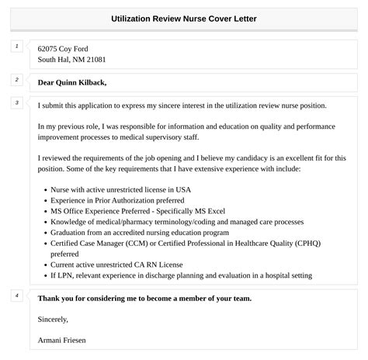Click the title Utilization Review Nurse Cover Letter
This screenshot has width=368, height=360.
pos(184,18)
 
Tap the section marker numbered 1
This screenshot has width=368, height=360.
pos(16,47)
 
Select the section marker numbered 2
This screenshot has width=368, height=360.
pos(16,80)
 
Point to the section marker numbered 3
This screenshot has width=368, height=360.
pos(16,103)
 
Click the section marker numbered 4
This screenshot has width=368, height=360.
pos(16,296)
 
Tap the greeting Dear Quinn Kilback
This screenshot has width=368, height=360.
pos(72,82)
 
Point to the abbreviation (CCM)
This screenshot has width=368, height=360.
pos(147,243)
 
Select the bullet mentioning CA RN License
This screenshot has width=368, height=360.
pos(123,265)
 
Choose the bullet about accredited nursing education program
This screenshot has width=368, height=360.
pos(139,232)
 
